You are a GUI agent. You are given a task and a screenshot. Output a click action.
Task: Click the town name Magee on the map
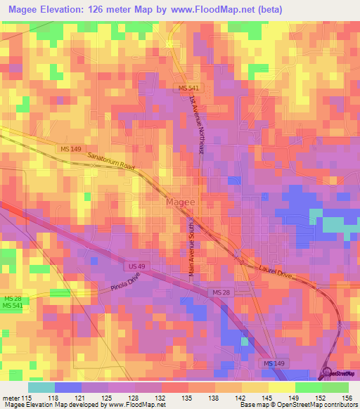(x=181, y=202)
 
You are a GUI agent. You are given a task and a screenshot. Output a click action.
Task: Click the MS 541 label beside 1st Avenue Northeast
(x=187, y=87)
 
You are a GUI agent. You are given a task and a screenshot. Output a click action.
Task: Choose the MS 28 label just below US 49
(x=221, y=292)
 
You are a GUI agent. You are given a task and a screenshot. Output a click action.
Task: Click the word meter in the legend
(x=11, y=398)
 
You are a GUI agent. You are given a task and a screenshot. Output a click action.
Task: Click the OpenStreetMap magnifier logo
(x=328, y=374)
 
